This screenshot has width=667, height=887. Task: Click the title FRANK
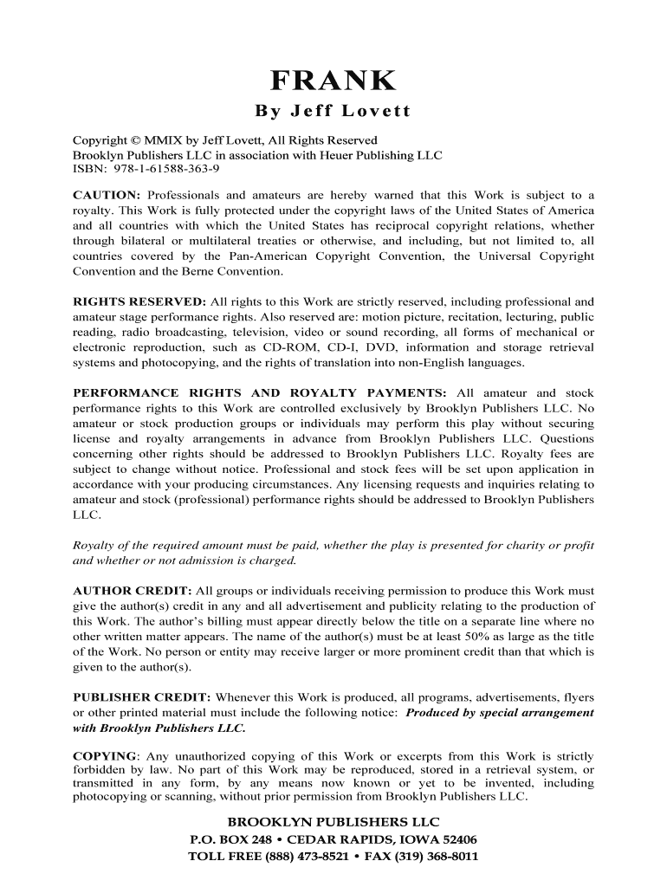tap(333, 81)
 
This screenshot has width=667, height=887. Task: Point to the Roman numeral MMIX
tap(154, 140)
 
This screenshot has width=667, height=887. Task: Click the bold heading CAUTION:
tap(107, 196)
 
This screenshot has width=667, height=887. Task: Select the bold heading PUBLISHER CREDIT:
tap(142, 696)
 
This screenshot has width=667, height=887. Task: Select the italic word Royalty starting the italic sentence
tap(94, 545)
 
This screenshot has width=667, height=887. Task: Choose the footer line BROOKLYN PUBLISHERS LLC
tap(333, 821)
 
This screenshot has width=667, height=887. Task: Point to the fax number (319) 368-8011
tap(433, 857)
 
